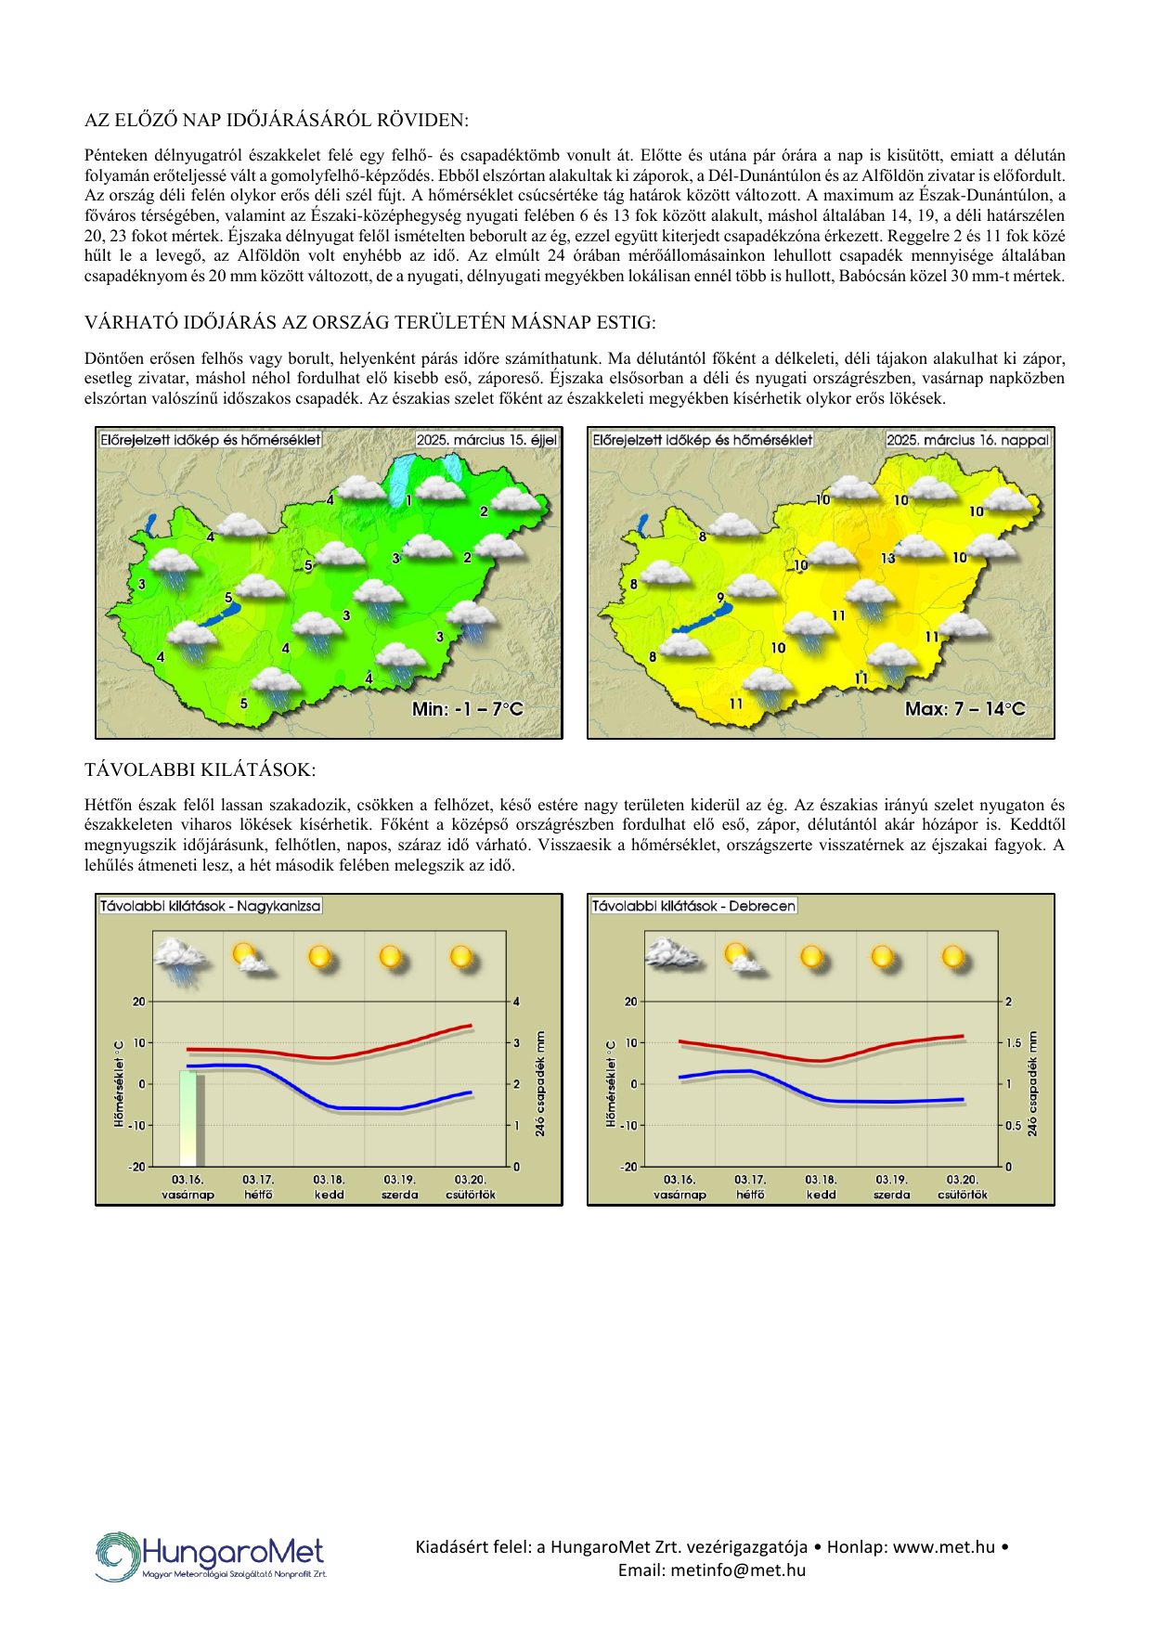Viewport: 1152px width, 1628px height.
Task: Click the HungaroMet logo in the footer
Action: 211,1556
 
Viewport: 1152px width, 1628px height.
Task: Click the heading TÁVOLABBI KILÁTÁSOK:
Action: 200,769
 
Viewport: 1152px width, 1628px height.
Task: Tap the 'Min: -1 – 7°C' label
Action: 468,709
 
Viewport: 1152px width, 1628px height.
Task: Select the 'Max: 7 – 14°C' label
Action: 964,709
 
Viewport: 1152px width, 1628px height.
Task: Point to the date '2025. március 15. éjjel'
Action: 486,440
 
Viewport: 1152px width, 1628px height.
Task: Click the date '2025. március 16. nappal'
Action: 967,440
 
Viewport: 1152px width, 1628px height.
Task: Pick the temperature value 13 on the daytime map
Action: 888,558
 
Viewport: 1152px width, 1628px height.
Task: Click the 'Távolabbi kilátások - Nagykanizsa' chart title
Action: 211,906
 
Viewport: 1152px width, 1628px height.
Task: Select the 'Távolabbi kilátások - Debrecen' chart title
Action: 693,906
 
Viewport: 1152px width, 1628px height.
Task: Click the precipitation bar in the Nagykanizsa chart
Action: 191,1118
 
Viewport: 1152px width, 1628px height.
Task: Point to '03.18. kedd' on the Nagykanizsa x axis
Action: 329,1187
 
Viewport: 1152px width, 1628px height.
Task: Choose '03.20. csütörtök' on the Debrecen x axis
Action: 963,1187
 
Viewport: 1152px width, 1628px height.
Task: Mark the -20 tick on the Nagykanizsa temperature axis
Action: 137,1167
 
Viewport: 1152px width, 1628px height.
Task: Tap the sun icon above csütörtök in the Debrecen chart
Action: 954,958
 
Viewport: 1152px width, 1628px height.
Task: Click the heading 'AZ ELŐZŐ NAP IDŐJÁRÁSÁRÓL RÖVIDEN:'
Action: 277,120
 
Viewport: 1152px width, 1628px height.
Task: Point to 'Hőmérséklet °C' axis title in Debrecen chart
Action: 610,1083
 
